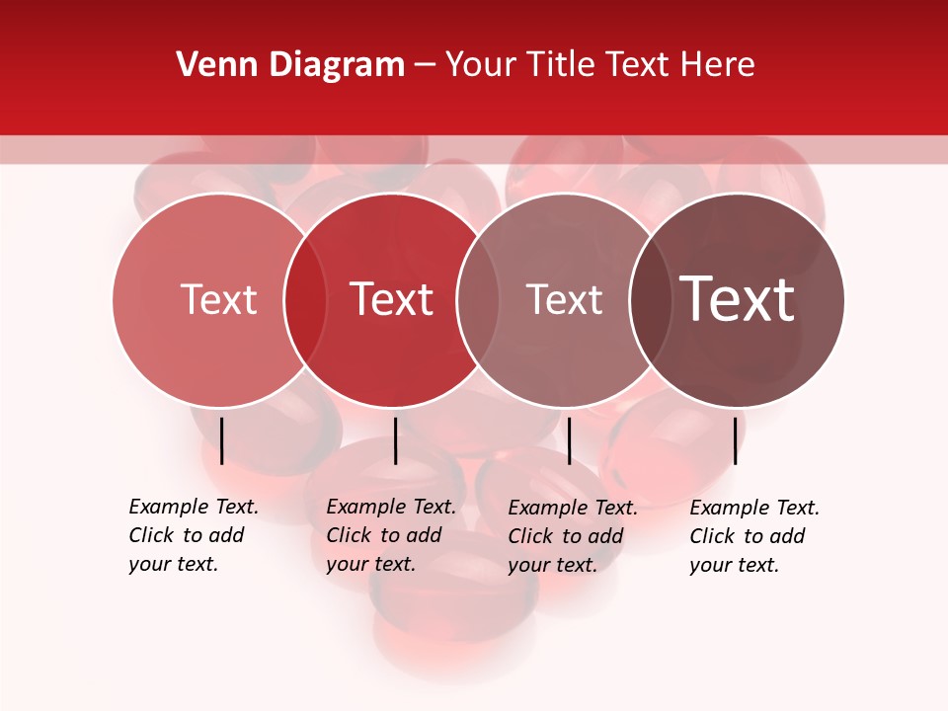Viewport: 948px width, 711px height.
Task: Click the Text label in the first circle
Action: pyautogui.click(x=218, y=299)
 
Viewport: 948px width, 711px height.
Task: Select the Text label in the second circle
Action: pyautogui.click(x=392, y=299)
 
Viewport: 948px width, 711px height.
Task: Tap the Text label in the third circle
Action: pyautogui.click(x=564, y=299)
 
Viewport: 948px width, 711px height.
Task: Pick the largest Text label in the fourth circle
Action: pyautogui.click(x=738, y=299)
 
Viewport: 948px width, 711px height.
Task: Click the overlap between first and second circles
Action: pyautogui.click(x=305, y=299)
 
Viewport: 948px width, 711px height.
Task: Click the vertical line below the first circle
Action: pyautogui.click(x=222, y=440)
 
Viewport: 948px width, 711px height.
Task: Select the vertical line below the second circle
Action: pyautogui.click(x=395, y=440)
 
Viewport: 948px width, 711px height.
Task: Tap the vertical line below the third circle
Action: pyautogui.click(x=569, y=440)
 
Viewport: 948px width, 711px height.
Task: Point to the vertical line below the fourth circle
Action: pyautogui.click(x=736, y=440)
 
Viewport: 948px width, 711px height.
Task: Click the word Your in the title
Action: pyautogui.click(x=480, y=65)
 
